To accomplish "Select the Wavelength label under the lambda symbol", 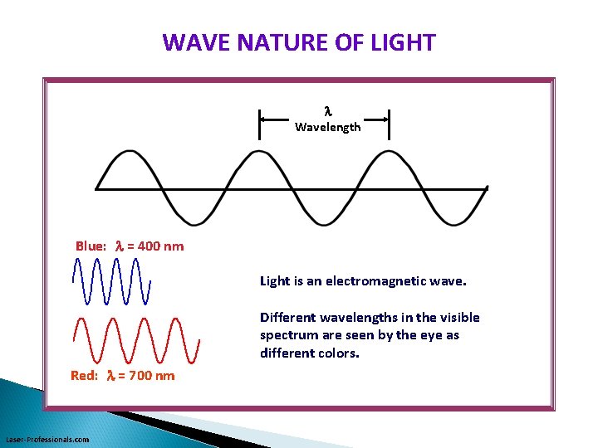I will click(x=327, y=127).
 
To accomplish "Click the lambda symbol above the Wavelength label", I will click(x=327, y=110).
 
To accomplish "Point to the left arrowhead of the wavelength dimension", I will click(x=264, y=119).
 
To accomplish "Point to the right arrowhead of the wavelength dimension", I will click(x=385, y=119).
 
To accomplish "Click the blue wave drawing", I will click(x=112, y=281).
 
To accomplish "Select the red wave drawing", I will click(x=137, y=340).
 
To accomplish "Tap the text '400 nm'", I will click(x=160, y=246).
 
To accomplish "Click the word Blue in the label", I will click(x=91, y=246).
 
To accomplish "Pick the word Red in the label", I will click(x=85, y=375).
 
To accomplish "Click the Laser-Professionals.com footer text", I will click(x=47, y=439).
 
